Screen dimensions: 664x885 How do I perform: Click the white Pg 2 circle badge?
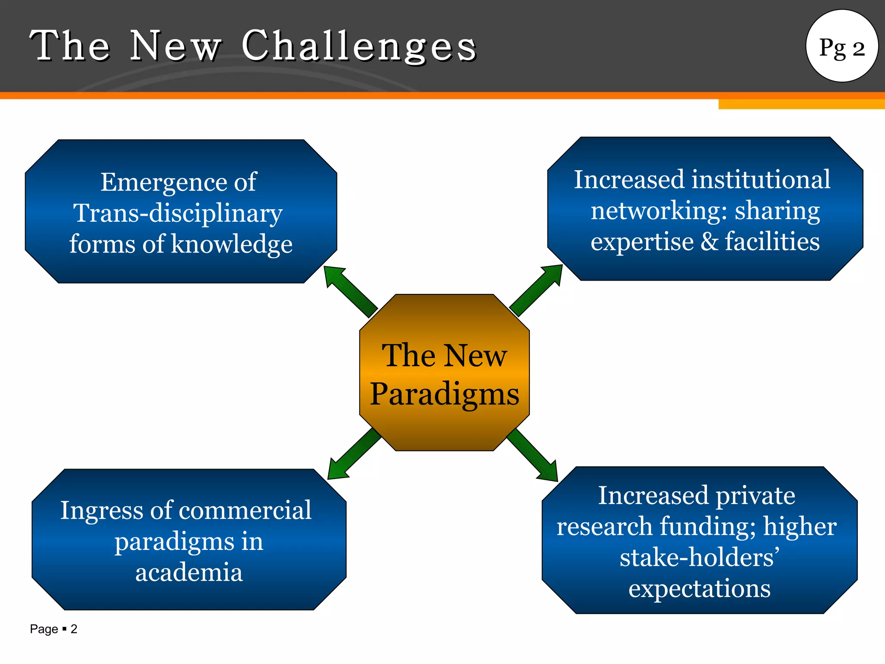[x=842, y=46]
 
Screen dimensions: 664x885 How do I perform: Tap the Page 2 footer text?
[x=54, y=629]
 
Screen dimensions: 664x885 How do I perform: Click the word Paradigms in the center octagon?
[x=444, y=394]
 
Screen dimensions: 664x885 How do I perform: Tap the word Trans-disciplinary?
[x=178, y=214]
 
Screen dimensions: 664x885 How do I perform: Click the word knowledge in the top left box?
[x=232, y=244]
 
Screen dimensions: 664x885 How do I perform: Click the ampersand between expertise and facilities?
[x=709, y=241]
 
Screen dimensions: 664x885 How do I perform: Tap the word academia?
[x=189, y=572]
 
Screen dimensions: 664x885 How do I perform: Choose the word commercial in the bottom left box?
[x=245, y=510]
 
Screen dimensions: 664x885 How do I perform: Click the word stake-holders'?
[x=699, y=558]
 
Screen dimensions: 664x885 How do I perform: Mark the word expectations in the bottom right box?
[x=699, y=589]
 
